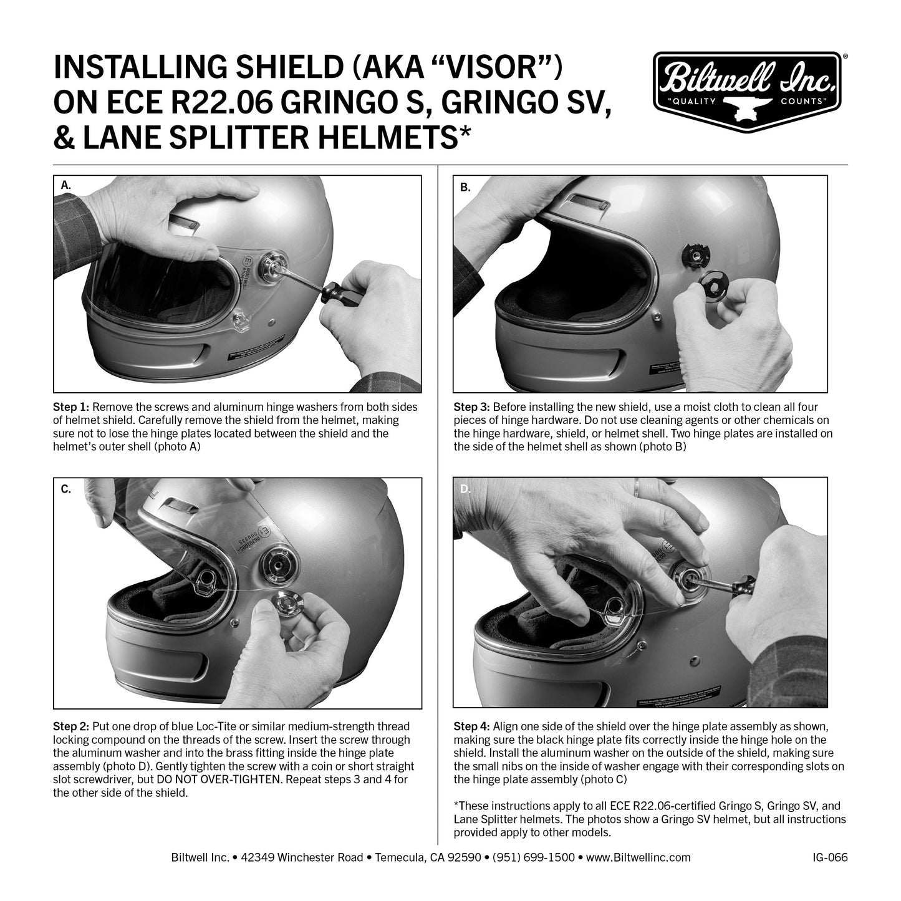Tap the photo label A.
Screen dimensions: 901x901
tap(66, 185)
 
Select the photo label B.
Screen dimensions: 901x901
tap(465, 186)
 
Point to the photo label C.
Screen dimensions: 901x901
tap(66, 489)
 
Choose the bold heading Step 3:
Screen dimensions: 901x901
tap(472, 407)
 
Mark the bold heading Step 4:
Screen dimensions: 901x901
tap(472, 727)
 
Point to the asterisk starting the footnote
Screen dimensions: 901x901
tap(456, 806)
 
